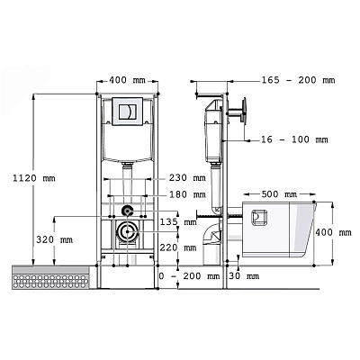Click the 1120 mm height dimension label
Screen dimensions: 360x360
34,178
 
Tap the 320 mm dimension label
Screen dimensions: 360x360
54,239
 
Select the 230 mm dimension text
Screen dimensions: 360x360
187,177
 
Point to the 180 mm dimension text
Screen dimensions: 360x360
187,194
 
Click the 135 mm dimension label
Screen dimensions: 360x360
178,222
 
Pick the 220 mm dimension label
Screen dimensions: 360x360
178,247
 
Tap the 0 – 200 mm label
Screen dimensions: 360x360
189,276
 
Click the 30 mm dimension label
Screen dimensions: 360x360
244,276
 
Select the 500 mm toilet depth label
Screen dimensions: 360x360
279,194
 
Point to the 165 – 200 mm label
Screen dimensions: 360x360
298,80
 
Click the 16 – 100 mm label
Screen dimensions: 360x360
294,139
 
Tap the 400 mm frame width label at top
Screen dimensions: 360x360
127,80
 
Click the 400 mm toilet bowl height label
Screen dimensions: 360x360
333,232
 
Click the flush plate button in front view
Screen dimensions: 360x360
127,112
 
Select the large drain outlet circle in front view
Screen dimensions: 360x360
127,231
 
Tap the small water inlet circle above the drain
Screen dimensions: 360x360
127,211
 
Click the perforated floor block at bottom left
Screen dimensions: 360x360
50,277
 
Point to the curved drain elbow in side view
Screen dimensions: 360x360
211,238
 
